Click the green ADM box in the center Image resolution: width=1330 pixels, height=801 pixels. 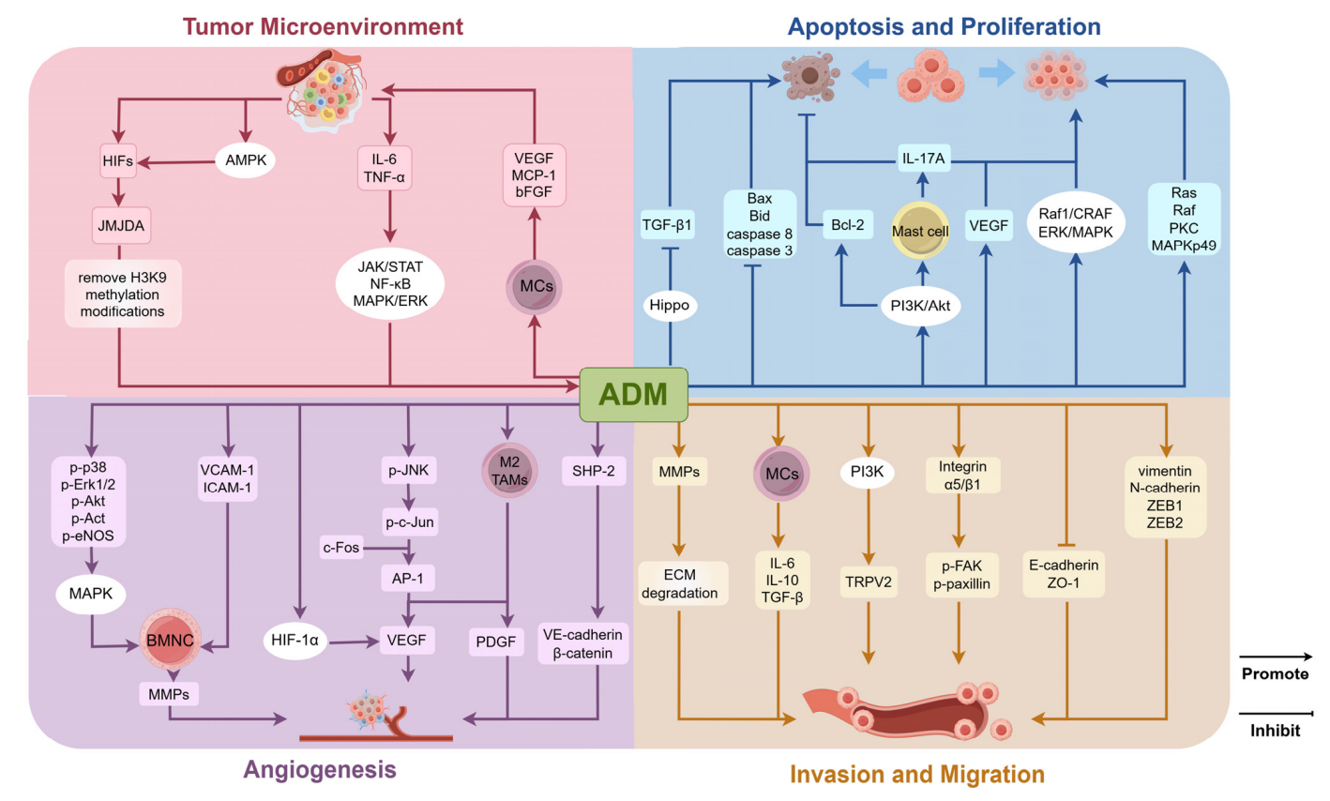coord(634,393)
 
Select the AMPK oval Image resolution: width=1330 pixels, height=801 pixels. coord(246,160)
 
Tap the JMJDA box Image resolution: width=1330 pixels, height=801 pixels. coord(122,225)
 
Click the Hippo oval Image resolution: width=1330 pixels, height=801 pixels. coord(670,305)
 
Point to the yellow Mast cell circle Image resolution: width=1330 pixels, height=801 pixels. coord(920,231)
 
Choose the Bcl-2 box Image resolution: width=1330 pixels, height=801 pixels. coord(848,225)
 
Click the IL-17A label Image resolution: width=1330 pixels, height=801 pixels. coord(924,159)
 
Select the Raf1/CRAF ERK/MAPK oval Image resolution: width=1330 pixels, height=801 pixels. coord(1075,222)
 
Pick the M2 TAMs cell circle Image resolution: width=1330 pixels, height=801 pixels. coord(508,470)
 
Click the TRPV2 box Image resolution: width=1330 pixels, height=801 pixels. coord(868,582)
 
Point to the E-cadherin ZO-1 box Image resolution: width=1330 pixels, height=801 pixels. coord(1065,574)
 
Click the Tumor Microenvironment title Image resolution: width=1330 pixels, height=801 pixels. coord(323,25)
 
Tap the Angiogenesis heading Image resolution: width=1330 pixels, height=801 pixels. coord(320,770)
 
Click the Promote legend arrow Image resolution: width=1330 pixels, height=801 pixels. coord(1276,657)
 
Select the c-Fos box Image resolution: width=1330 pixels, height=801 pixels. coord(341,547)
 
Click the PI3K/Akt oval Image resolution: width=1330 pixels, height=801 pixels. coord(921,305)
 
